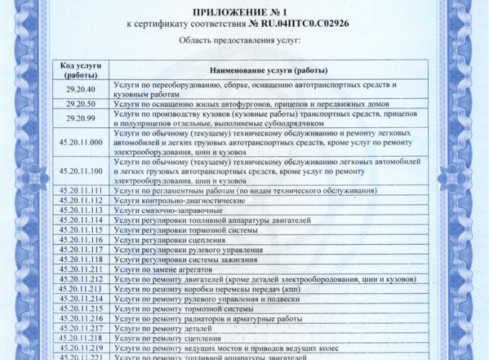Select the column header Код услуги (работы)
point(85,71)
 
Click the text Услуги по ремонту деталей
point(159,327)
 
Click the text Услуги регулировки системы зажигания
point(186,259)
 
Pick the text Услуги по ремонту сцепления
point(163,337)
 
